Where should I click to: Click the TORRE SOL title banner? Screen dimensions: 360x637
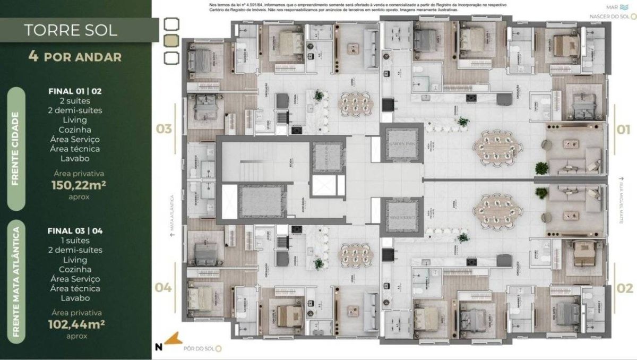(x=71, y=30)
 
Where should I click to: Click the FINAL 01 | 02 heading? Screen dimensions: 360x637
(x=75, y=91)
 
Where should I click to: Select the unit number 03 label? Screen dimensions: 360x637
(x=164, y=129)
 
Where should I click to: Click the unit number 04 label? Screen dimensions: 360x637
(x=164, y=288)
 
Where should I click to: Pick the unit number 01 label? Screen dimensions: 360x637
(x=624, y=129)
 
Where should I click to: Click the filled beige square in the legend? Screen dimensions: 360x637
(x=172, y=40)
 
